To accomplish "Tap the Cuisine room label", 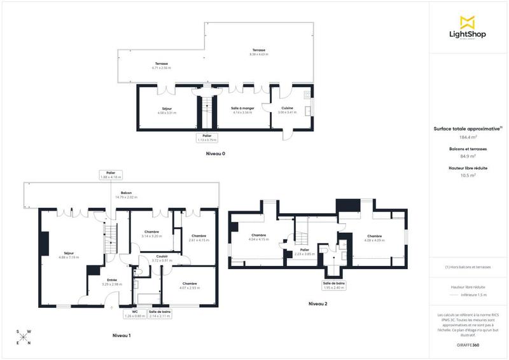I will click(x=287, y=110).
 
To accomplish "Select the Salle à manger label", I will click(x=242, y=110).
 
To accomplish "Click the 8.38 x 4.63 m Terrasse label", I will click(x=258, y=52).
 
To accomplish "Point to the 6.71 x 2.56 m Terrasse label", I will click(x=162, y=66).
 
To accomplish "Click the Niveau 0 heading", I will click(x=216, y=154).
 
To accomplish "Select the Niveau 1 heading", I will click(x=122, y=335).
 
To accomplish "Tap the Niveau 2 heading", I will click(x=317, y=304).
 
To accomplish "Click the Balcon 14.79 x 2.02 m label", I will click(x=127, y=195).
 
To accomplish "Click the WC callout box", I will click(x=135, y=313).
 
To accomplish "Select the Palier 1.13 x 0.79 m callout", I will click(x=207, y=137).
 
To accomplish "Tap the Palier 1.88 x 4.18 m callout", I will click(x=111, y=175).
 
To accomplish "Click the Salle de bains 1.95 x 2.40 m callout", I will click(x=335, y=286).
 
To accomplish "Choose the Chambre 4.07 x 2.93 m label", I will click(x=189, y=286).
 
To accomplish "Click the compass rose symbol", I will click(x=24, y=337).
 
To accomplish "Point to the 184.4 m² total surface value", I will click(x=468, y=136).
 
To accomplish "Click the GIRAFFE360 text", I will click(x=468, y=344).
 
